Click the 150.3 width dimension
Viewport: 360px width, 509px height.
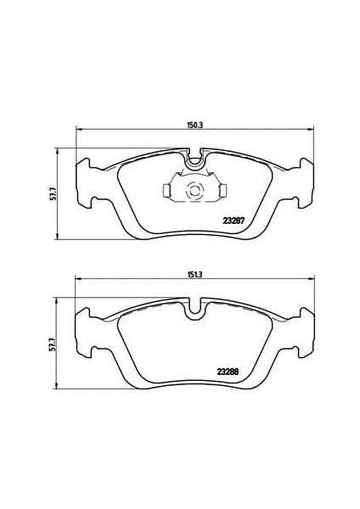pos(195,126)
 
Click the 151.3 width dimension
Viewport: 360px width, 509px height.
pos(195,274)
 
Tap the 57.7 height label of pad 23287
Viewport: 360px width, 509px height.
pos(53,193)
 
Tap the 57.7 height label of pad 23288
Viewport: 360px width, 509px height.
pos(53,344)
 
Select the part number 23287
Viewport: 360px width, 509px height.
pos(233,221)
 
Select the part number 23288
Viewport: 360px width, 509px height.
pos(228,372)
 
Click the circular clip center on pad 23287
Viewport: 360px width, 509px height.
pos(194,191)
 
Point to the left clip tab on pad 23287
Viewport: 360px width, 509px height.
pos(166,191)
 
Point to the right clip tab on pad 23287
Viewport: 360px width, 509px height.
pos(223,190)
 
